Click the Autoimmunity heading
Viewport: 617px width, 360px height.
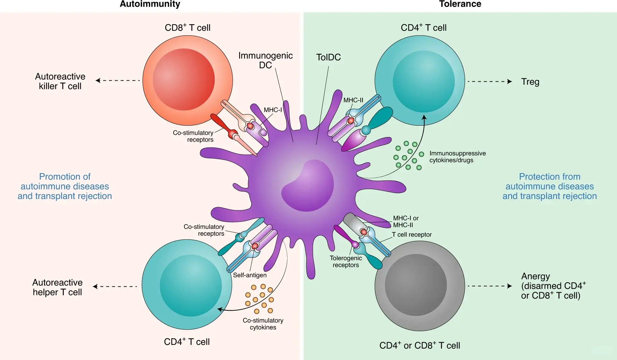tap(150, 4)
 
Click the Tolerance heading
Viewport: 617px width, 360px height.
tap(460, 4)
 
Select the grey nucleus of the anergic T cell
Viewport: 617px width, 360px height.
tap(415, 285)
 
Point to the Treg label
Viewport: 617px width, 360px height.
tap(530, 82)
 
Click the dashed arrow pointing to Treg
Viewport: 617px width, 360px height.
tap(489, 81)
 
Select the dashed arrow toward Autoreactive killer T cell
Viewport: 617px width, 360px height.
tap(118, 80)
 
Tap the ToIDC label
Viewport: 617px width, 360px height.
tap(328, 57)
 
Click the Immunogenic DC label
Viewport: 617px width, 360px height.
tap(265, 60)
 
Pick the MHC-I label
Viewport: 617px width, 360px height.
tap(273, 110)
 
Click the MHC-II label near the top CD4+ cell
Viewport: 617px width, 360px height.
tap(353, 100)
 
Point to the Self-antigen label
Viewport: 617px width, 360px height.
tap(250, 275)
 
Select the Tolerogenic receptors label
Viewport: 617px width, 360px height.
tap(346, 262)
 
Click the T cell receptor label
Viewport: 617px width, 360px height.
tap(412, 235)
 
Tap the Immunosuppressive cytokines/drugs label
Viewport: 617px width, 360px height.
tap(457, 157)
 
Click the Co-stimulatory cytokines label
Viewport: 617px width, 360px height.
tap(263, 324)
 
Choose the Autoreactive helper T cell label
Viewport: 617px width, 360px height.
tap(57, 287)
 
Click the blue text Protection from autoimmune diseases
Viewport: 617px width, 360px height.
tap(549, 186)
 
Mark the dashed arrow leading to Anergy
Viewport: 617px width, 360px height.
tap(489, 286)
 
